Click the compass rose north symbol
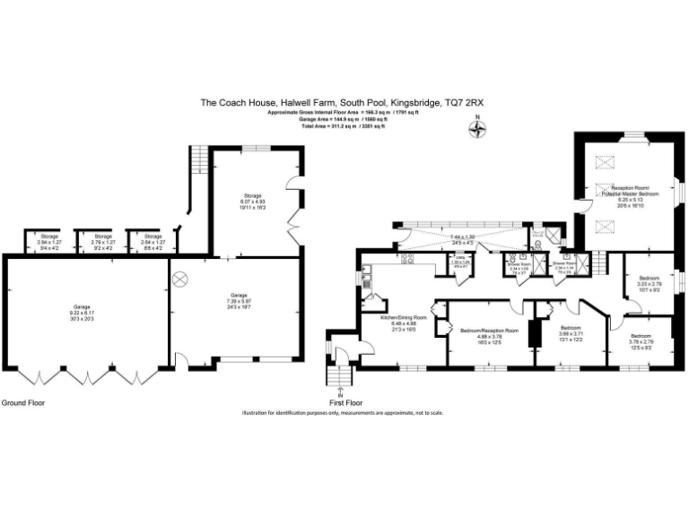[478, 128]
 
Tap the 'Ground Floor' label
[23, 403]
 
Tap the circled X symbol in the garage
[178, 278]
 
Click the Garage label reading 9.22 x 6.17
[83, 312]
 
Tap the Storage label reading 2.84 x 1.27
[48, 239]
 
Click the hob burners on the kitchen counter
[407, 262]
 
